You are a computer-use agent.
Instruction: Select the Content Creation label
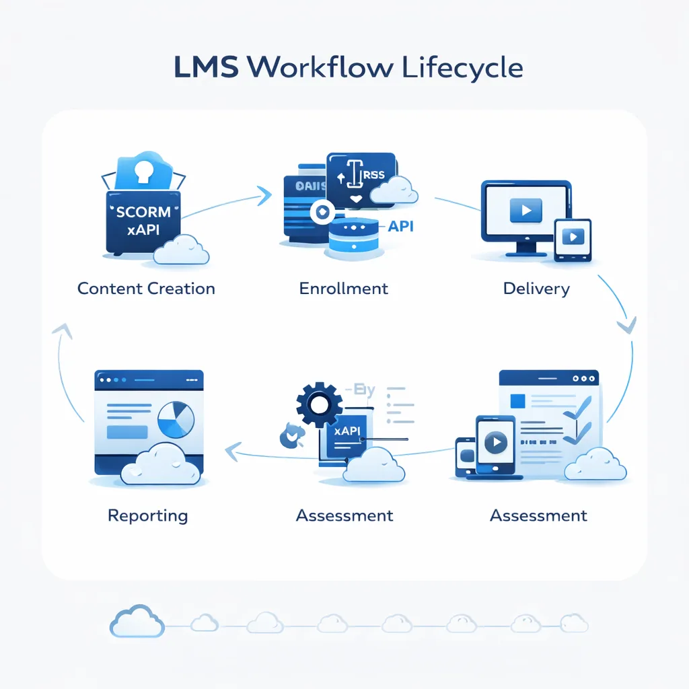(x=146, y=289)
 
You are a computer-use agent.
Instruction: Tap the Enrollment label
(x=343, y=289)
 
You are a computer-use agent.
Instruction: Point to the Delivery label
(x=536, y=289)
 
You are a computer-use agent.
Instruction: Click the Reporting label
(x=147, y=516)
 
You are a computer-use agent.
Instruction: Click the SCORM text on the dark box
(x=143, y=211)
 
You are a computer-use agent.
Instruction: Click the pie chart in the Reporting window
(x=176, y=421)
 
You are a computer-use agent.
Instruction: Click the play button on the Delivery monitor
(x=525, y=211)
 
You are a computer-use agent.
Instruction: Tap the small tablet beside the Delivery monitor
(x=573, y=240)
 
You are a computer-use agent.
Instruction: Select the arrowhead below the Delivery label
(x=626, y=325)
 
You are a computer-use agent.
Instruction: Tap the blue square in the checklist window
(x=518, y=401)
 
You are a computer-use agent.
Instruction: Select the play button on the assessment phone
(x=495, y=442)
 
